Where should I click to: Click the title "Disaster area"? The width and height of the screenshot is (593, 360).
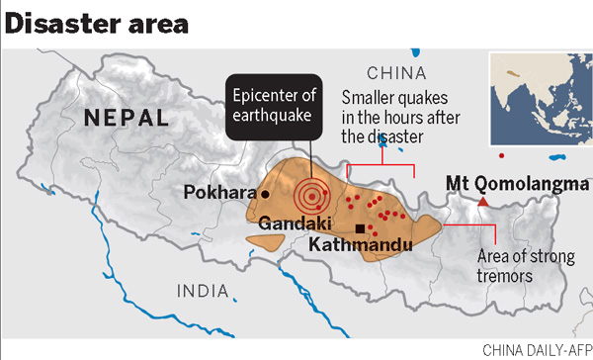tap(97, 22)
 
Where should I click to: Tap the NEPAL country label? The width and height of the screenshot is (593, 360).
tap(127, 118)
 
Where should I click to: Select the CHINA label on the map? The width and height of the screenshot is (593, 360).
tap(395, 73)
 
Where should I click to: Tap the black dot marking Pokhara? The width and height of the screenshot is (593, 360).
tap(265, 195)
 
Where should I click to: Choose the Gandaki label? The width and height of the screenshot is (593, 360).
tap(287, 225)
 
